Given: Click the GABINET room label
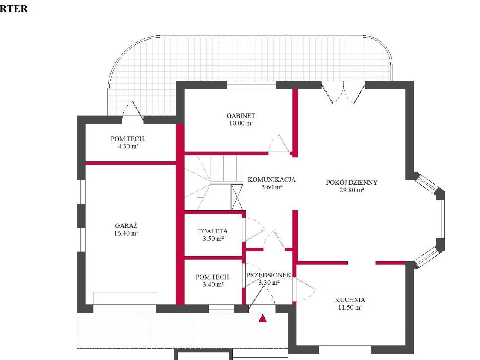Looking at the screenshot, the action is coord(241,116).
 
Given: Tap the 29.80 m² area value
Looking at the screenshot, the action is coord(352,190).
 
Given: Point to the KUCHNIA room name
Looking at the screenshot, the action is coord(350,300).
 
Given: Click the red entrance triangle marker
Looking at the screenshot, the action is coord(262,319).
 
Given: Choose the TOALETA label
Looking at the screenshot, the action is coord(213,231).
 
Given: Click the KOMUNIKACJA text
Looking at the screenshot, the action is coord(271,180).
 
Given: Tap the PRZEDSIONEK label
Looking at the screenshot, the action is coord(268,275).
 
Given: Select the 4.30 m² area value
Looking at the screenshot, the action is coord(128,146).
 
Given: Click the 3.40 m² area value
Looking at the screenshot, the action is coord(213,285).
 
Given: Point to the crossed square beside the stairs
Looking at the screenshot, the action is coord(237,198).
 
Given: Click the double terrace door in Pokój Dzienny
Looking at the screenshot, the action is coord(343,92).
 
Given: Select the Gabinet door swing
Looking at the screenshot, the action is coord(279,144).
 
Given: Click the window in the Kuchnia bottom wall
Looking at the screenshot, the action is coord(345,350).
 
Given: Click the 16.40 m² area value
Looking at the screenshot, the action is coord(126,233).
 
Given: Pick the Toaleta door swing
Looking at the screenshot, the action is coord(253,230).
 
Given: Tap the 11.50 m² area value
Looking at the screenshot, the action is coord(350,307).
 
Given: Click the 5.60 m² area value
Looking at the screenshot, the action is coord(272,187).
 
